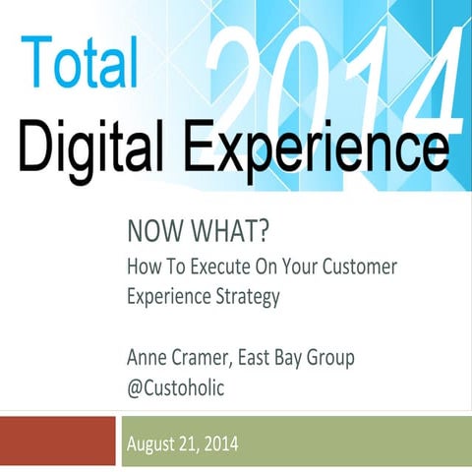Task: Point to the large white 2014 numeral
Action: (x=334, y=74)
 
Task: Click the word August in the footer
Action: (x=154, y=445)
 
